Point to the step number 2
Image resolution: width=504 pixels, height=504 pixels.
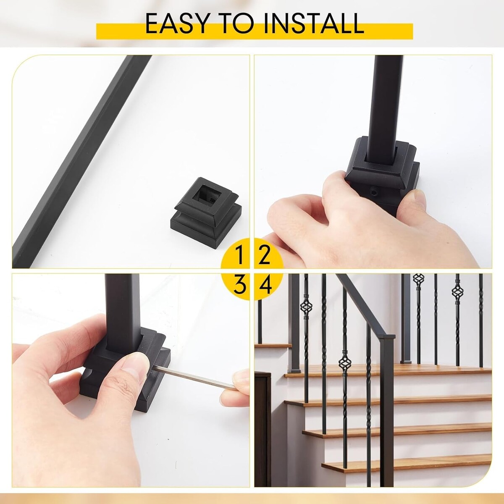coord(265,255)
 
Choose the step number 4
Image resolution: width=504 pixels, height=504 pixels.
coord(265,285)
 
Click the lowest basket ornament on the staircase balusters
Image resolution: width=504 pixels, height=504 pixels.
coord(345,363)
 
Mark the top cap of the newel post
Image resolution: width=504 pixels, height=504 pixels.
coord(387,337)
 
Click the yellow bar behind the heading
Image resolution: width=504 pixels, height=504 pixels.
coord(255,31)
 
